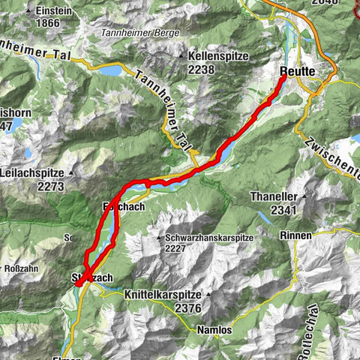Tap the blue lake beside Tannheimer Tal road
108,70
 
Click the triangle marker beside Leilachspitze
71,172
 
